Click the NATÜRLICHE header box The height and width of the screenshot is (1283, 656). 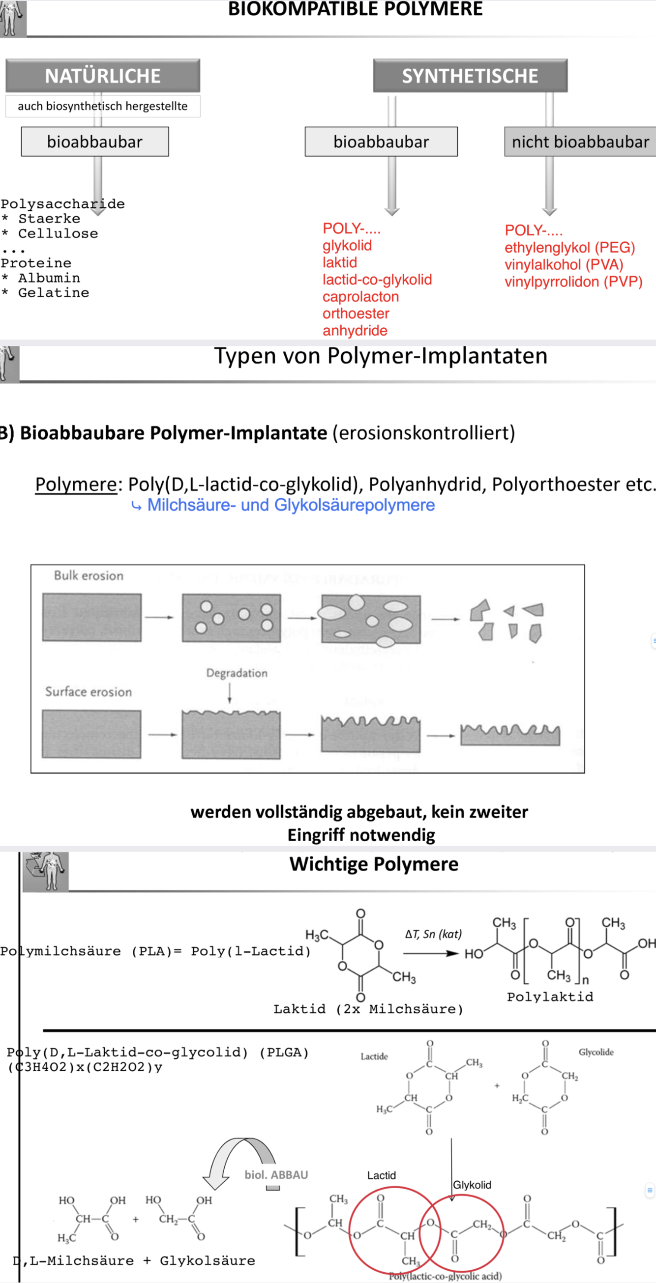tap(103, 76)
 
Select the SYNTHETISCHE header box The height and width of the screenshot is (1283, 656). tap(470, 76)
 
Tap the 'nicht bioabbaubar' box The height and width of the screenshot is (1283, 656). tap(580, 142)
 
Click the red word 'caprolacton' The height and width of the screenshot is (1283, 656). tap(360, 297)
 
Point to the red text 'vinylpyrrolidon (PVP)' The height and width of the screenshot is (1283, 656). tap(573, 282)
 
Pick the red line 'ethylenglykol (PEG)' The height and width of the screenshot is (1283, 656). tap(569, 248)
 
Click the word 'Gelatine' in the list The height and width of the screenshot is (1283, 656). tap(53, 293)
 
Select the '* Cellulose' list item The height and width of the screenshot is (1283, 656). tap(50, 233)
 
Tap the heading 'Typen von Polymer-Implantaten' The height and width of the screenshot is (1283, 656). tap(380, 356)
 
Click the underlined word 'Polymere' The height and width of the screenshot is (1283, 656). tap(75, 484)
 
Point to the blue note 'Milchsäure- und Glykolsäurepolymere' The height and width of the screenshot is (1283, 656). tap(291, 505)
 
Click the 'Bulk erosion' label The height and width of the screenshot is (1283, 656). tap(88, 576)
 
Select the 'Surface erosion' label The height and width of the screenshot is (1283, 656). tap(88, 692)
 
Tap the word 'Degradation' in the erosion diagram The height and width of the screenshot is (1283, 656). tap(237, 673)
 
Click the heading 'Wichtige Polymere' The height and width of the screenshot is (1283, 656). tap(374, 864)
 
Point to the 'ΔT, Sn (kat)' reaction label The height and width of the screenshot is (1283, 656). tap(433, 934)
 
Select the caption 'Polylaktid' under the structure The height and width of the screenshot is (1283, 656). tap(550, 997)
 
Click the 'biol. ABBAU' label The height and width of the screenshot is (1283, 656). tap(276, 1175)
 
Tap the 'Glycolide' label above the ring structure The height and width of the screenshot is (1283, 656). tap(596, 1052)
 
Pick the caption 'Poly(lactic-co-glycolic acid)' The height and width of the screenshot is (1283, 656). tap(445, 1276)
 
